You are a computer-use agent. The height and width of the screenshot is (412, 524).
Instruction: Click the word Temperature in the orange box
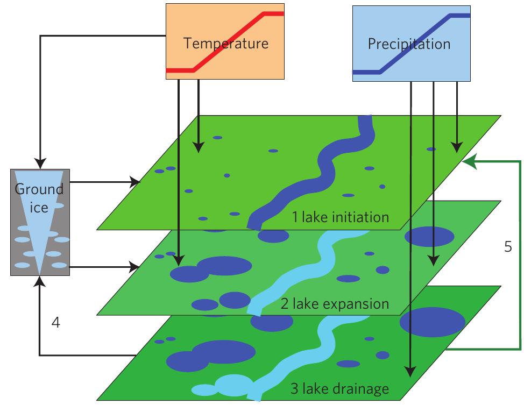pyautogui.click(x=225, y=43)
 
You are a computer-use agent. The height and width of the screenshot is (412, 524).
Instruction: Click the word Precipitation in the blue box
pyautogui.click(x=409, y=44)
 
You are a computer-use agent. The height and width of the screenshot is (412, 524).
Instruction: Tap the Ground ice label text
pyautogui.click(x=39, y=197)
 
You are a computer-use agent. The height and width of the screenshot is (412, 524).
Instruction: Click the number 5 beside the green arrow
pyautogui.click(x=508, y=246)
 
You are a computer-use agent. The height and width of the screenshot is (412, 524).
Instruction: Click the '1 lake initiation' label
pyautogui.click(x=340, y=217)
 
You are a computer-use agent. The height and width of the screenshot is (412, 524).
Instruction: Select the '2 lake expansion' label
pyautogui.click(x=334, y=303)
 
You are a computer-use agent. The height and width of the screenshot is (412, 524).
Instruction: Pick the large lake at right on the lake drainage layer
pyautogui.click(x=432, y=322)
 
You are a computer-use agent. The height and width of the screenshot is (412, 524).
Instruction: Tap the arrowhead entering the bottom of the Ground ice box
pyautogui.click(x=40, y=280)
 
